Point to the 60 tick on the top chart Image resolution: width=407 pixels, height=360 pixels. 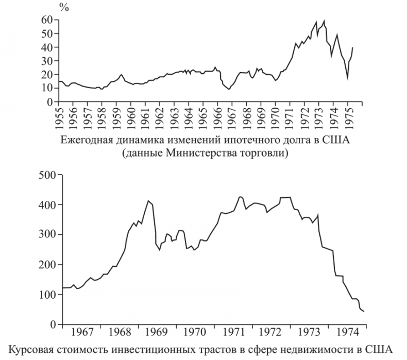click(47, 20)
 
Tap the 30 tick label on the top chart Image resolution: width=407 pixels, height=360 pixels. click(47, 61)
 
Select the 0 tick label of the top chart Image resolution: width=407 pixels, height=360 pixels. click(50, 102)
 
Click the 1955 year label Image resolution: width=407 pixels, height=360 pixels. click(60, 117)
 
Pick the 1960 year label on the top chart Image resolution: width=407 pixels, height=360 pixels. click(132, 117)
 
